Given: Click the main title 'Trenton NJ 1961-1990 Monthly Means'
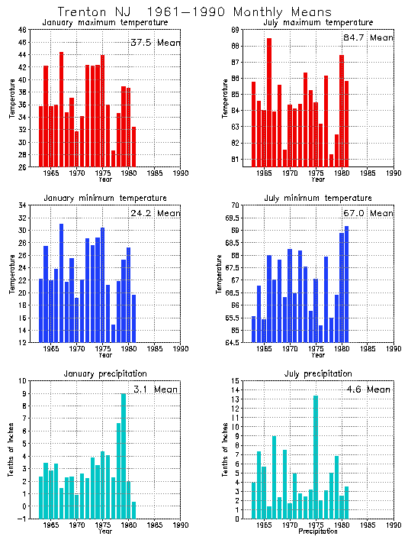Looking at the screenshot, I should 195,12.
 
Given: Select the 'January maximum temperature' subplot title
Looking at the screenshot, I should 105,23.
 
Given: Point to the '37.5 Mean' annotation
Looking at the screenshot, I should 155,43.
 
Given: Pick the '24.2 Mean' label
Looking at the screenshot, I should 155,214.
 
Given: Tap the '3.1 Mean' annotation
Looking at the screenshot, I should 155,389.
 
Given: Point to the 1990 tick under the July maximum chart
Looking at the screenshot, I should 394,173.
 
